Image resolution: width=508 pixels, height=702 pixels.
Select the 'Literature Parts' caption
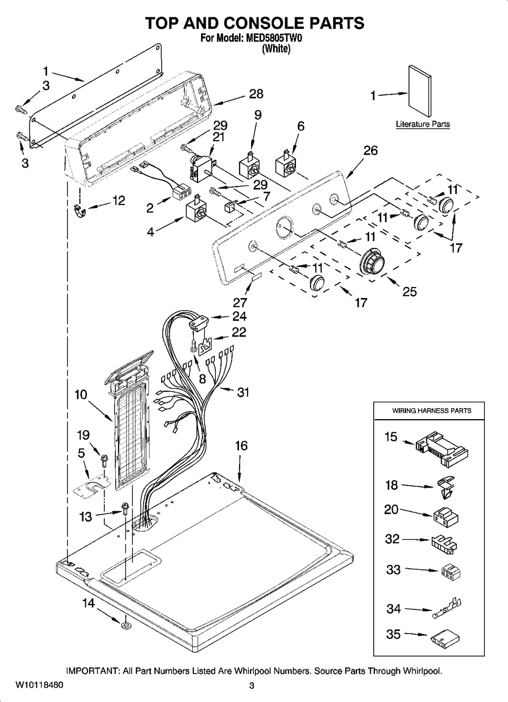coord(423,125)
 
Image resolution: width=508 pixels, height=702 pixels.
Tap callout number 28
coord(256,94)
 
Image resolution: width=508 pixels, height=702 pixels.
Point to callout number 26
coord(370,151)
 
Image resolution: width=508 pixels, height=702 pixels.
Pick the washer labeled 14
coord(126,625)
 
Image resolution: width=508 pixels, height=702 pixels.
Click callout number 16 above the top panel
coord(241,446)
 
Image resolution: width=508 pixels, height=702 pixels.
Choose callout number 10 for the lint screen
coord(81,394)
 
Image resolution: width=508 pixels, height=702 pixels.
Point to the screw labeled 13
coord(125,508)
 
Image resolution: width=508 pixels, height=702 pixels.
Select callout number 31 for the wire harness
coord(243,392)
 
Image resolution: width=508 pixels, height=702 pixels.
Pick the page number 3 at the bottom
coord(252,686)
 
